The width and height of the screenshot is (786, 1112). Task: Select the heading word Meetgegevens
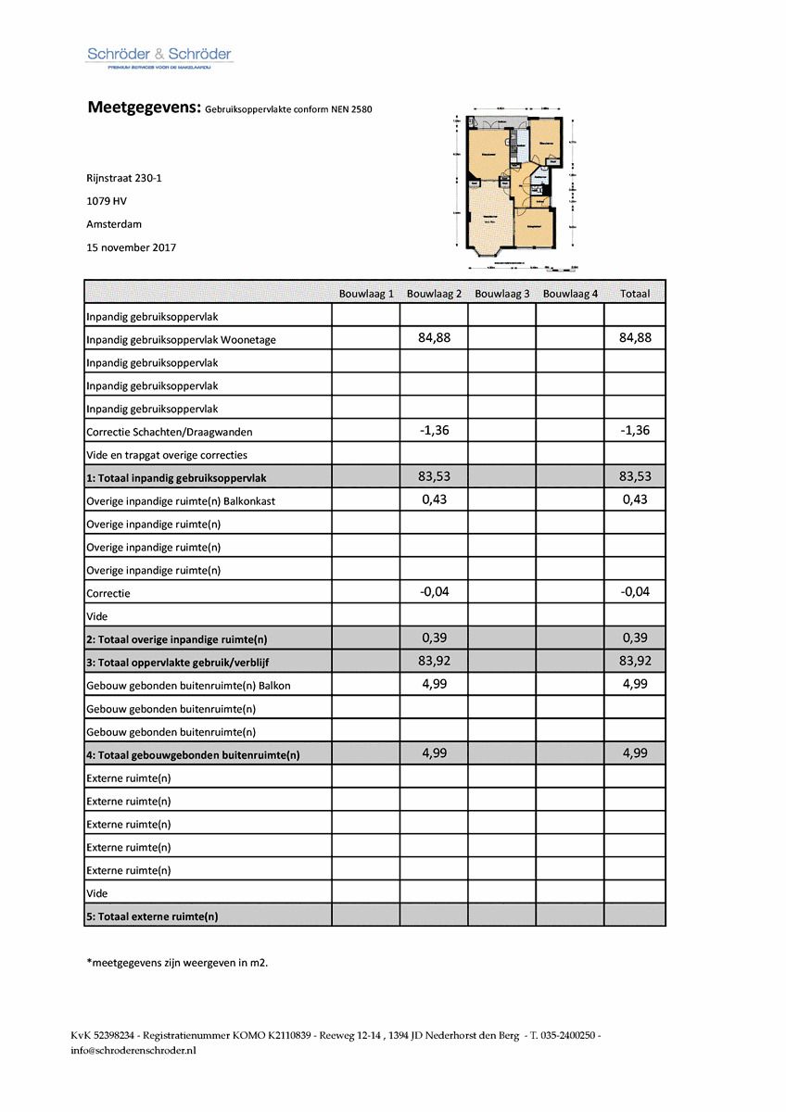tap(143, 107)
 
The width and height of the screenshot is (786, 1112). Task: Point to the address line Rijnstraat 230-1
tap(124, 178)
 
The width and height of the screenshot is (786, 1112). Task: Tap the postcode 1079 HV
tap(107, 201)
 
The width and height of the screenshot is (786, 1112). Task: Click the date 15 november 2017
tap(131, 247)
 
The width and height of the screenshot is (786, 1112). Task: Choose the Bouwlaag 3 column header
tap(501, 294)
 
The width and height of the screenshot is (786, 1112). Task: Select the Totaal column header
tap(635, 294)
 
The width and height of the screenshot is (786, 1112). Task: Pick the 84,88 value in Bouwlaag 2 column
tap(434, 338)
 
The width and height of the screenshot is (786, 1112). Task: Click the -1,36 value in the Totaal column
tap(635, 430)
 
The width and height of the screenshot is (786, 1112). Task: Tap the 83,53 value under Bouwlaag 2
tap(434, 476)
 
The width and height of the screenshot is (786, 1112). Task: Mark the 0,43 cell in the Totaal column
tap(635, 499)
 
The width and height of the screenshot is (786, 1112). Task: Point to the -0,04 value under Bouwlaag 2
tap(434, 591)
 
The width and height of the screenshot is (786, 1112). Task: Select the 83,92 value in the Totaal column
tap(635, 661)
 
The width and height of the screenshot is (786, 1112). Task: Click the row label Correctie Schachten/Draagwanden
tap(169, 432)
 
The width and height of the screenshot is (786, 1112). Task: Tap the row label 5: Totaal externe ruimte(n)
tap(152, 916)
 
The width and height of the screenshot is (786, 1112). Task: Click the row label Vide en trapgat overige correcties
tap(167, 455)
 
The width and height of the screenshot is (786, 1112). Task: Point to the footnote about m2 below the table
tap(177, 963)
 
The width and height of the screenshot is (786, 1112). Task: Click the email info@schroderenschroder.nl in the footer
tap(133, 1051)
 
